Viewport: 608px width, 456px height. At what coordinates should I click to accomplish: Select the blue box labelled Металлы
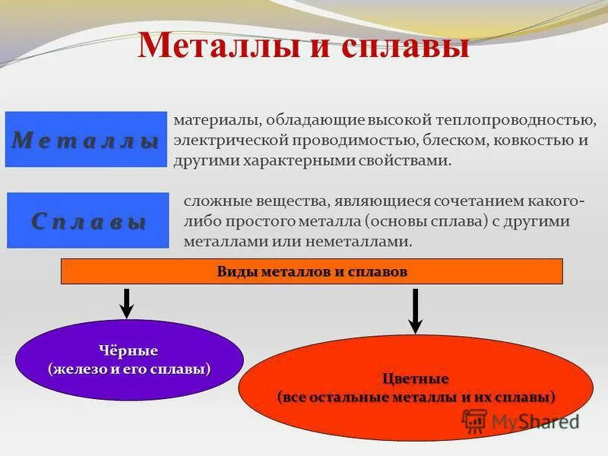86,140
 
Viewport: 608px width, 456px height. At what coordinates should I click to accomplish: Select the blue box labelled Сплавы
88,220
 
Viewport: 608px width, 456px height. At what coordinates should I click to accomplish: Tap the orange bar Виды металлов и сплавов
312,271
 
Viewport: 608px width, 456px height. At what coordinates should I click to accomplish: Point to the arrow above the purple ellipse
128,302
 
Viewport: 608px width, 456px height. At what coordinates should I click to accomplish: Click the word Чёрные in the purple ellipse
128,351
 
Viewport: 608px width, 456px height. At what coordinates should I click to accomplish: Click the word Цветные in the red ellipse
415,378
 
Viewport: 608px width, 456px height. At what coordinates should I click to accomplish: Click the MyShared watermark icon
474,420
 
